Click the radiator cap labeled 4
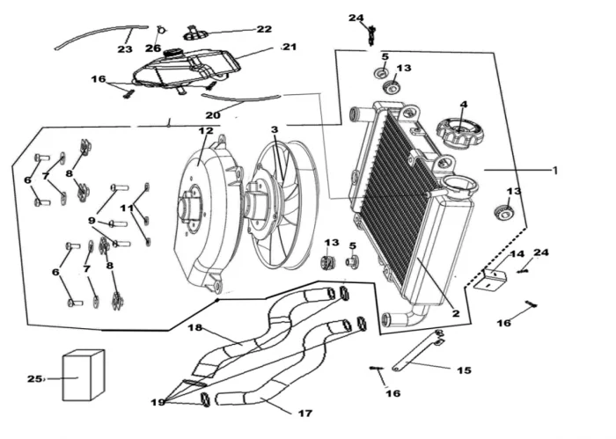458,135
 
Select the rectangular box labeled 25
83,376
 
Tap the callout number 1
554,171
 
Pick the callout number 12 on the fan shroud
205,131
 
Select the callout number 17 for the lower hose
304,413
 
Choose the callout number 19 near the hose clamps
158,402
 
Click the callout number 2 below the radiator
456,312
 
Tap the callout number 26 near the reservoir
154,48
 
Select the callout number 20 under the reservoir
213,115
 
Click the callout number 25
34,379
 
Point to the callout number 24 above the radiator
356,18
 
